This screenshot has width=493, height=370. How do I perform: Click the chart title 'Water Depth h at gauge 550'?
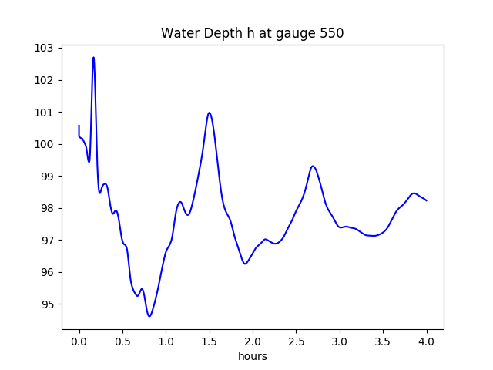[x=252, y=33]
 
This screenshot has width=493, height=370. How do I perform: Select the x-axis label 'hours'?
[x=253, y=357]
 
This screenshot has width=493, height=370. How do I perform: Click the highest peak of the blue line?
[x=93, y=57]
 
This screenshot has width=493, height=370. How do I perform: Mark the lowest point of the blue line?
[x=149, y=316]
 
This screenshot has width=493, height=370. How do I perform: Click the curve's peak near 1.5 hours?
[x=209, y=113]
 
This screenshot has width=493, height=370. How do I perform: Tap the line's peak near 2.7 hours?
[x=313, y=166]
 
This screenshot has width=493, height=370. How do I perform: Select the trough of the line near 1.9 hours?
[x=245, y=264]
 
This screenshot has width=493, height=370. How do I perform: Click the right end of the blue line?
[x=427, y=200]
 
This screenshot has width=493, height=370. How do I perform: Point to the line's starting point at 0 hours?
[x=79, y=125]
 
